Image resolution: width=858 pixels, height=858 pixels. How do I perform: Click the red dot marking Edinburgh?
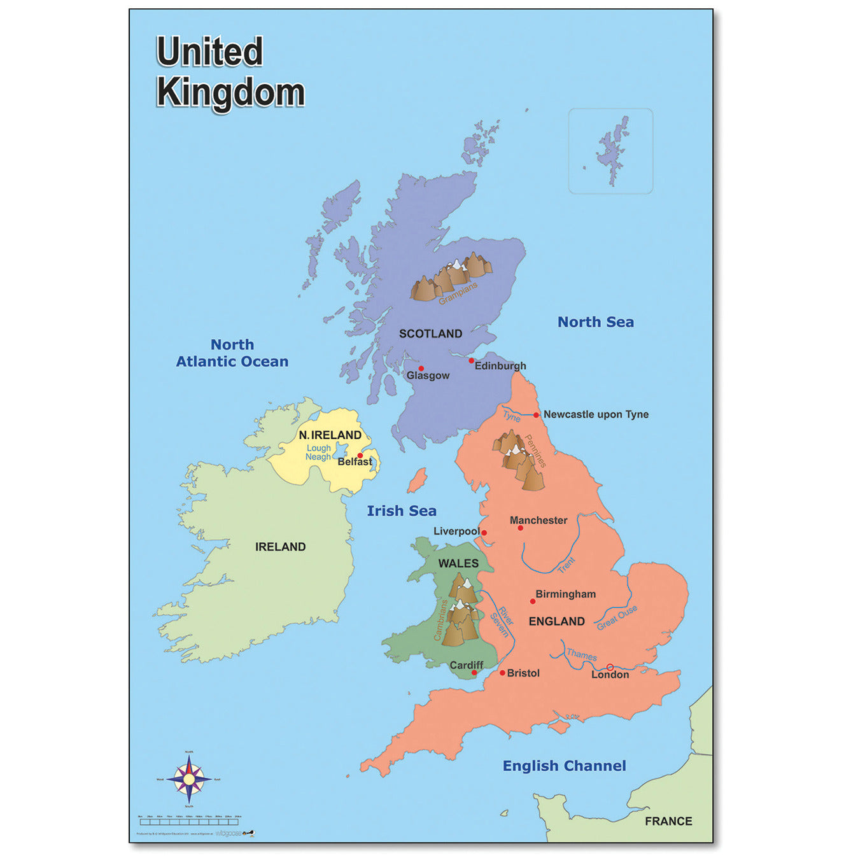[472, 361]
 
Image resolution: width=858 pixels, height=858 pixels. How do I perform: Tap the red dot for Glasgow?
[421, 369]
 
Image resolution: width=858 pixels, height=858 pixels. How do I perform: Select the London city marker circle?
[610, 667]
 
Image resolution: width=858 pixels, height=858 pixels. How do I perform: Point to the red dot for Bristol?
[502, 673]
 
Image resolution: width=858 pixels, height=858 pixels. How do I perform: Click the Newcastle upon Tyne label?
[596, 414]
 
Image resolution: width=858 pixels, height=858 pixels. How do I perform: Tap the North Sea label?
[596, 322]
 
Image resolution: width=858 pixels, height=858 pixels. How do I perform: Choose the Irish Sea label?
[402, 510]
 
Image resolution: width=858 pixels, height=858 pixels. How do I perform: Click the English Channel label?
[564, 766]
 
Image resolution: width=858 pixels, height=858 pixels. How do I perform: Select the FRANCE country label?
[668, 821]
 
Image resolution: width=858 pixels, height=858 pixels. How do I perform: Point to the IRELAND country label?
[280, 547]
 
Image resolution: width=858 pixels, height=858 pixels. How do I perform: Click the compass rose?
[189, 779]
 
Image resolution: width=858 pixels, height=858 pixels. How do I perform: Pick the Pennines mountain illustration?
[519, 458]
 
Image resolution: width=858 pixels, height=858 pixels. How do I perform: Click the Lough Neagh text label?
[318, 453]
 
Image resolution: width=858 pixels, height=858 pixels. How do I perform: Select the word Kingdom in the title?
[230, 93]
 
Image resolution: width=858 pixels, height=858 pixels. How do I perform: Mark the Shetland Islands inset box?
[610, 151]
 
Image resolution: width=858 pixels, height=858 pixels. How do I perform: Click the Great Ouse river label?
[617, 617]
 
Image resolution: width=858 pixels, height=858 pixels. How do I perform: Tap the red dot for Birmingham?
[533, 601]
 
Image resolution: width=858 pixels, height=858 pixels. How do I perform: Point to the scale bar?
[189, 822]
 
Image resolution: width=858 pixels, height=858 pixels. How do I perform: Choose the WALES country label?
[458, 563]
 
